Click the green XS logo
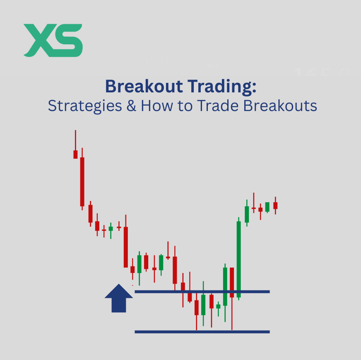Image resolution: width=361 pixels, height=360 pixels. [53, 40]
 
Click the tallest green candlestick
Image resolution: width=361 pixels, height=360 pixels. [239, 259]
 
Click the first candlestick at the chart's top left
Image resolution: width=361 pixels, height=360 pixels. [75, 154]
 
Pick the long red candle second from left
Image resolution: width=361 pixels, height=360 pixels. [82, 181]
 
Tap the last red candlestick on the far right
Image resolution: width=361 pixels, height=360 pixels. [275, 205]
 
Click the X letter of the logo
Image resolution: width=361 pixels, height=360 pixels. [38, 40]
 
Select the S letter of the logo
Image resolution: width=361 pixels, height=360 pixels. [68, 40]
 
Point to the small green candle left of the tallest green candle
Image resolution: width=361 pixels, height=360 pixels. [225, 286]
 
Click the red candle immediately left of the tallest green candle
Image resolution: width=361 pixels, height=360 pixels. [232, 282]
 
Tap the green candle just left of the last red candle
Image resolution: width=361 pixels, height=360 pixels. [267, 207]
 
